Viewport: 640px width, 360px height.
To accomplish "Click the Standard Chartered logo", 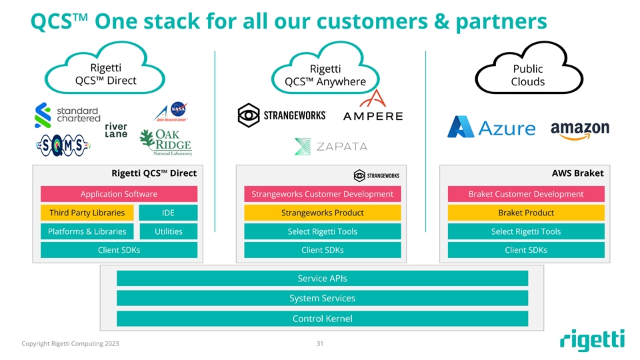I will [x=66, y=115].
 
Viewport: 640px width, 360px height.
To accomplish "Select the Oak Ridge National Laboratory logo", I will [x=165, y=142].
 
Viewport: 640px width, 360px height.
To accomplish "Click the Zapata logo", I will [x=331, y=147].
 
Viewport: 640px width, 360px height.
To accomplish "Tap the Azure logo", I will [x=491, y=127].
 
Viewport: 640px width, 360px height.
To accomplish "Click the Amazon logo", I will [x=579, y=129].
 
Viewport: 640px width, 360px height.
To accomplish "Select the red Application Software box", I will [x=119, y=194].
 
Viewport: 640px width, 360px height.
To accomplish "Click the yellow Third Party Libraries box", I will [x=87, y=213].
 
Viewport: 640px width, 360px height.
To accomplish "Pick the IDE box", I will [x=168, y=213].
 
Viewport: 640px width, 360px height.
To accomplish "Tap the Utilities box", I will [x=168, y=231].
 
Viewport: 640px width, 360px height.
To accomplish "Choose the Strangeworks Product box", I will [x=322, y=213].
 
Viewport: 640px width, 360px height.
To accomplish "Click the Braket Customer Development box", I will [x=525, y=194].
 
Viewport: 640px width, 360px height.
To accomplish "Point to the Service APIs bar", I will [x=322, y=279].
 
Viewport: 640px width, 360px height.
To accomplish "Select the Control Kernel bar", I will [x=322, y=319].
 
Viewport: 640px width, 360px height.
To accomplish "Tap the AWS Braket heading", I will [x=577, y=173].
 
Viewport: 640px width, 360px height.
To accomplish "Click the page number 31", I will [x=320, y=345].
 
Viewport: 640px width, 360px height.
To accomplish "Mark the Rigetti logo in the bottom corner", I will [x=592, y=340].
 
